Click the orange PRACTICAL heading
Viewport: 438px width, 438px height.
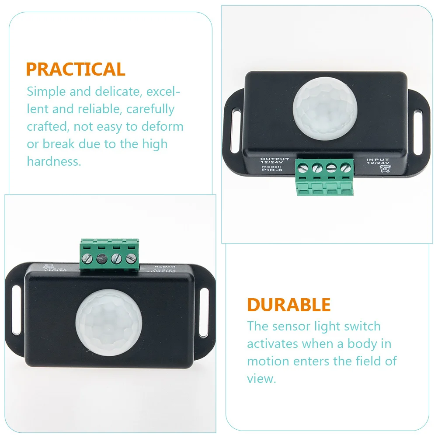(x=76, y=70)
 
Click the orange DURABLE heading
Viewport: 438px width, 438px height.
(x=289, y=305)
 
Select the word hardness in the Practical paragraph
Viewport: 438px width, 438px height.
(x=53, y=161)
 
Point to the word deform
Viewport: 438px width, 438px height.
(x=163, y=127)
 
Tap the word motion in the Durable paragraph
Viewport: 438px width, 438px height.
(x=268, y=361)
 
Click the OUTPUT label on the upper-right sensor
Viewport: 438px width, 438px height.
(x=275, y=159)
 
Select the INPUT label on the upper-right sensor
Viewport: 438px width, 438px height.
(x=377, y=160)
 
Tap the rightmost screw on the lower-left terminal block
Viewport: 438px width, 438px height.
(x=130, y=258)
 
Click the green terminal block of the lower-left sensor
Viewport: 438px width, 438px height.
(x=109, y=255)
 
